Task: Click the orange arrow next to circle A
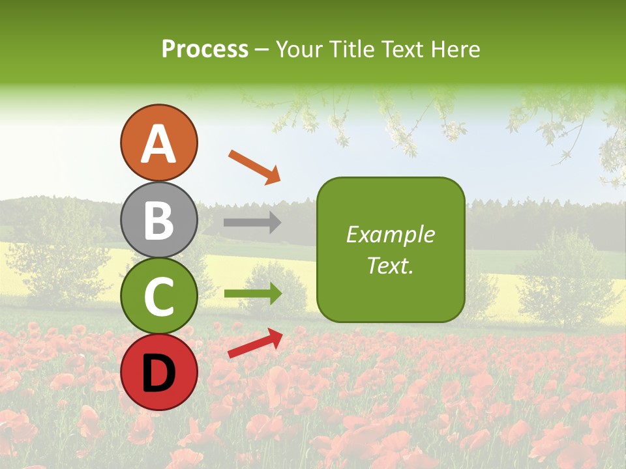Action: [x=254, y=167]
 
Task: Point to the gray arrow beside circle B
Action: [x=252, y=223]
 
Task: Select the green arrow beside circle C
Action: [x=253, y=294]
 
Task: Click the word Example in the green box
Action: [x=391, y=234]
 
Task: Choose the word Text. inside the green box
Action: [x=391, y=266]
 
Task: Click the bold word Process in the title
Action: [x=205, y=49]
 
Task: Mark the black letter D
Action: [x=158, y=373]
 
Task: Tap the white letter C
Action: [x=158, y=297]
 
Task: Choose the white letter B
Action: [x=158, y=220]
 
